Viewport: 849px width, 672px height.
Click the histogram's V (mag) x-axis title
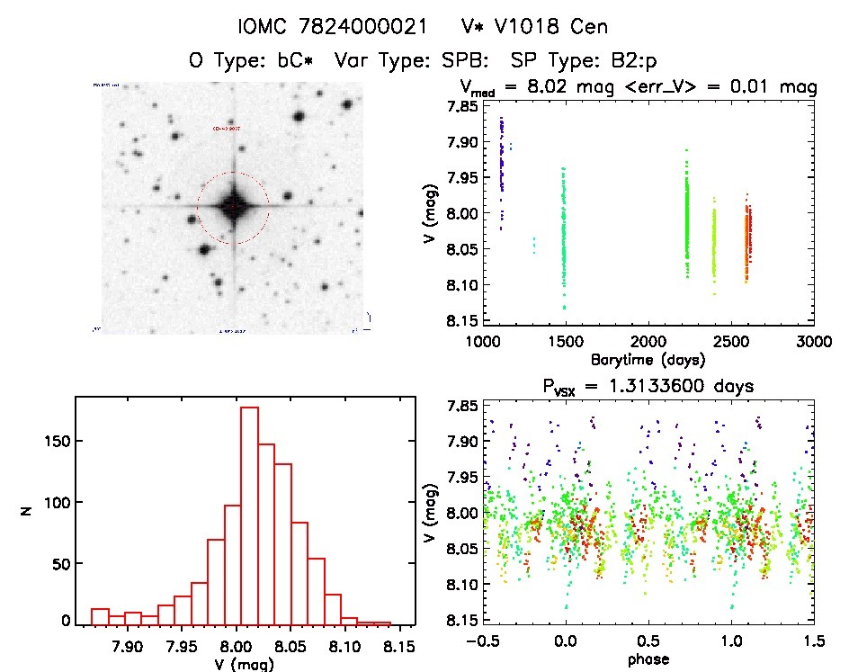[x=245, y=664]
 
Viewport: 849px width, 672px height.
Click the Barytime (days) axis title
[x=648, y=359]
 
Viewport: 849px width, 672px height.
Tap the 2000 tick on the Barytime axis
[x=648, y=342]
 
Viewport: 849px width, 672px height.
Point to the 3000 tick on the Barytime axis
[x=812, y=342]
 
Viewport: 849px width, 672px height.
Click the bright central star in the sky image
[x=233, y=207]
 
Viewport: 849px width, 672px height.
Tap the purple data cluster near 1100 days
[x=501, y=162]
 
